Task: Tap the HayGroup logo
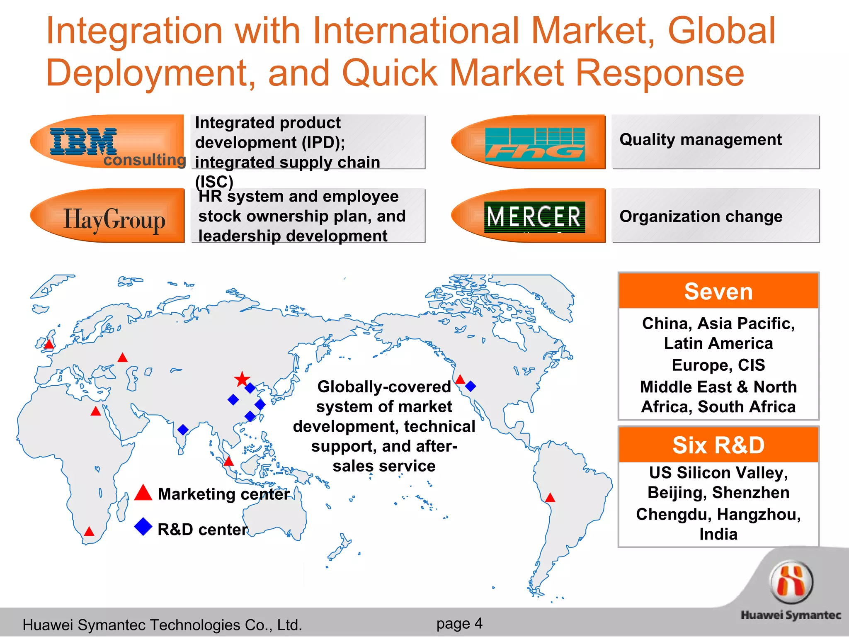coord(114,219)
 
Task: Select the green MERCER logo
coord(534,217)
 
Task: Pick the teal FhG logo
coord(535,144)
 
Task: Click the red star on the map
coord(242,379)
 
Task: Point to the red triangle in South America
coord(550,498)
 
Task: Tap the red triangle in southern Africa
coord(89,531)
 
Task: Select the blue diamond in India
coord(183,430)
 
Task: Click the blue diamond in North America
coord(471,387)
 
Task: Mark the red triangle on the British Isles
coord(49,344)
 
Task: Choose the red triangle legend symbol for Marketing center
coord(143,493)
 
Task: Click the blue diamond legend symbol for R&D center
coord(143,527)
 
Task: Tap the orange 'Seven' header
coord(718,291)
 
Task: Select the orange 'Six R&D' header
coord(718,445)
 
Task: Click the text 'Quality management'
coord(701,140)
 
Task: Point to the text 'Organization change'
coord(701,216)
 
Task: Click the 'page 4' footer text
coord(459,623)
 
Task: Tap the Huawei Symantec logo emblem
coord(791,582)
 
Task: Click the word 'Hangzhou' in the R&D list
coord(758,514)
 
